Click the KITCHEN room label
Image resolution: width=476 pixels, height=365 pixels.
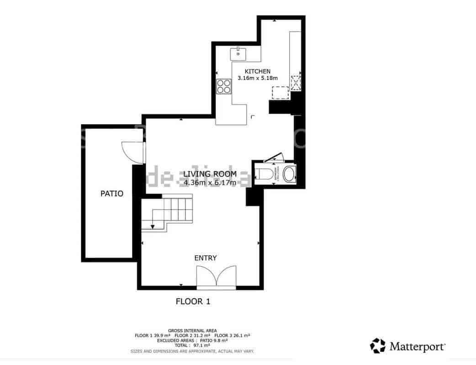(258, 71)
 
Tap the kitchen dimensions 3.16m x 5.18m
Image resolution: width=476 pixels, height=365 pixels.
(258, 78)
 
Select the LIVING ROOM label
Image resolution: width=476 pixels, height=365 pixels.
(210, 174)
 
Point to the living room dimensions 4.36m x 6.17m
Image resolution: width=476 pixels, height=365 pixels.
(210, 183)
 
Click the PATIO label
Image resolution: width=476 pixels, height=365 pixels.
(112, 194)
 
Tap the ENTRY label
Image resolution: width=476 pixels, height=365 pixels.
(206, 258)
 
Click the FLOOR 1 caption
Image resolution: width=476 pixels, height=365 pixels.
(193, 302)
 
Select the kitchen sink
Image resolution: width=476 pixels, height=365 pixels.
(238, 54)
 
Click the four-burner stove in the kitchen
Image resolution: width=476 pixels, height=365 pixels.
(224, 86)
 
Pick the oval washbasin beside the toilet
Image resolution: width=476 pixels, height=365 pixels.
(289, 174)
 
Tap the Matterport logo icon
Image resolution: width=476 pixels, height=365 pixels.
(377, 346)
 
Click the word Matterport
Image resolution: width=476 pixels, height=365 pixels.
(417, 346)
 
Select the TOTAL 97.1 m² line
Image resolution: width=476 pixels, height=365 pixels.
(192, 345)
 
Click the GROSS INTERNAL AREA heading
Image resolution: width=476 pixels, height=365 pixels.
(192, 330)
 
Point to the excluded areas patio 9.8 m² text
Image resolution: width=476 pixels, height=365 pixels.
(192, 340)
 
